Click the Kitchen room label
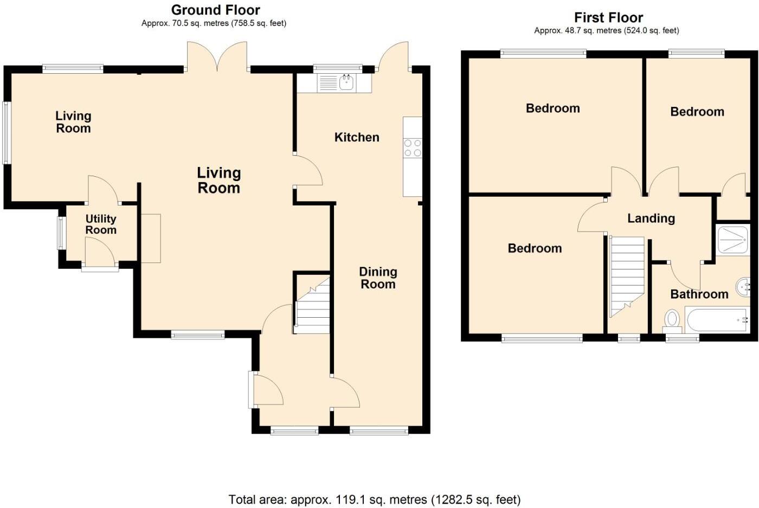click(357, 137)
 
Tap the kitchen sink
click(346, 83)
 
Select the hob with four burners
click(413, 148)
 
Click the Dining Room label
click(378, 278)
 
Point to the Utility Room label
click(101, 224)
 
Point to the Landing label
click(651, 218)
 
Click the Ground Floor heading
click(215, 10)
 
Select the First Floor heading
click(608, 17)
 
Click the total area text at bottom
click(374, 499)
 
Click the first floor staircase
click(627, 276)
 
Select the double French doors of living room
click(217, 57)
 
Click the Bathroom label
click(699, 294)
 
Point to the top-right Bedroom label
click(697, 112)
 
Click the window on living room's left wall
click(6, 133)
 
